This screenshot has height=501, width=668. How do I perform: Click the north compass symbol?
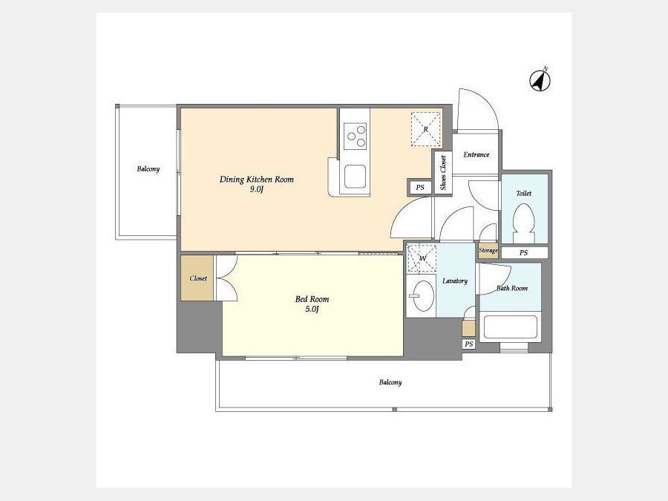(540, 79)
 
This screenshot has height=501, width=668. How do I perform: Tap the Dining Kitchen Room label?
(257, 180)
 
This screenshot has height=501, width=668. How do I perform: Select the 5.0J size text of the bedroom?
(312, 310)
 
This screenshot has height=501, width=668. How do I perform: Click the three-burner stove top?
(356, 136)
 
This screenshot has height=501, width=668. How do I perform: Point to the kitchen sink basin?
(356, 177)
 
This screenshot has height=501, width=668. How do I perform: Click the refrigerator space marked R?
(425, 129)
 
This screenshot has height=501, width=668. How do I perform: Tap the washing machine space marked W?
(422, 258)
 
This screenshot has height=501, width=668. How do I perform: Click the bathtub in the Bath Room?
(511, 327)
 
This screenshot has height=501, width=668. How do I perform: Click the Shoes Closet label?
(443, 173)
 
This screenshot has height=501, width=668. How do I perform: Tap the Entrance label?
(477, 154)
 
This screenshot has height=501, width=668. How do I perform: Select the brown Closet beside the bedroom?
(197, 278)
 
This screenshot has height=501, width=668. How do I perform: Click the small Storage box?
(488, 251)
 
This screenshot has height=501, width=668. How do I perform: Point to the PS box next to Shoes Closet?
(420, 187)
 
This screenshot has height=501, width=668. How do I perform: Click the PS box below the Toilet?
(524, 252)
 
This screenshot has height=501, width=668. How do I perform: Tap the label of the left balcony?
(148, 169)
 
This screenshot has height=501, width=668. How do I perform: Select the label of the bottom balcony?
(390, 382)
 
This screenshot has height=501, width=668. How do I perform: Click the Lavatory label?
(455, 281)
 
